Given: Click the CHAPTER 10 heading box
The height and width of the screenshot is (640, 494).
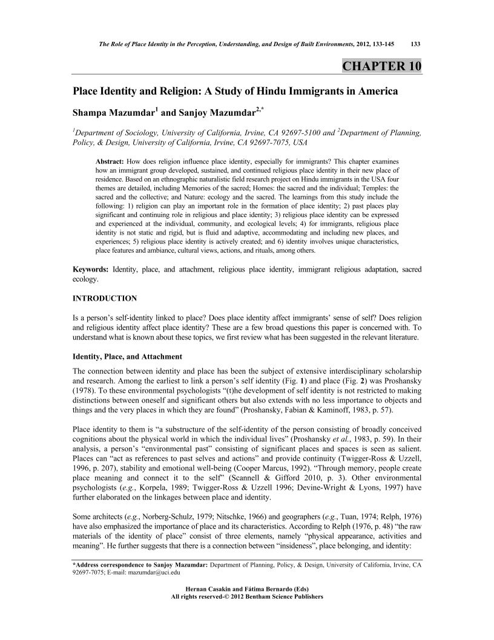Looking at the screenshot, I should (382, 66).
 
